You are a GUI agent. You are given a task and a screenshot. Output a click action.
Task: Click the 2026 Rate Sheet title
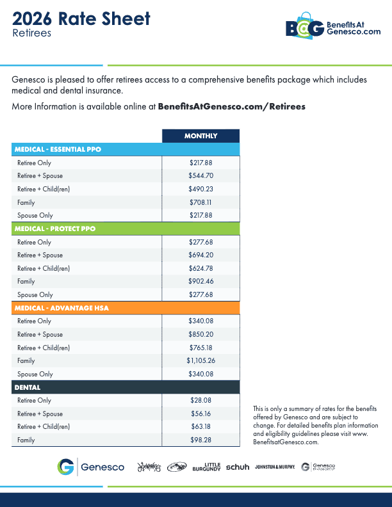point(81,19)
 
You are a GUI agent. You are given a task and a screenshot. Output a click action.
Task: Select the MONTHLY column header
point(200,136)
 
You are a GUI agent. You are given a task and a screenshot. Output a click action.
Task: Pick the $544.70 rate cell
point(200,175)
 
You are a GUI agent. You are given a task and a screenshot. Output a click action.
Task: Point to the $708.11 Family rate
point(200,202)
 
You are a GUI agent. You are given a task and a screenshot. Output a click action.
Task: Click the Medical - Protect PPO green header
point(54,229)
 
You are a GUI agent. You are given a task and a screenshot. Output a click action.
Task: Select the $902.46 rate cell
point(200,282)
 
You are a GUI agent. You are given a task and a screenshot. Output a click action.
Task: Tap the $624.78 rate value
point(200,268)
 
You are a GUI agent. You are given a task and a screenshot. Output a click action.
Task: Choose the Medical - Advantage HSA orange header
point(61,308)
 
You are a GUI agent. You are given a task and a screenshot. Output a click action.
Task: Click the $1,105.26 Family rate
point(200,360)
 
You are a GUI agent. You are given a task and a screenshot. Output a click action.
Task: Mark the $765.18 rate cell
point(200,348)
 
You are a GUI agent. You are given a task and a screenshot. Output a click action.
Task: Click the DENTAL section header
point(28,387)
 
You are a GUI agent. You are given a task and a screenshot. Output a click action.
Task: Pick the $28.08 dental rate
point(200,400)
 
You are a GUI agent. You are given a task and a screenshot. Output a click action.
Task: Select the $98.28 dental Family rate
point(200,440)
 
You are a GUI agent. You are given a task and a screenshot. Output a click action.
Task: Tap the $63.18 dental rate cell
point(200,426)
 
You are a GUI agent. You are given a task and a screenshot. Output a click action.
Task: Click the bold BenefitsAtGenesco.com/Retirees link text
point(231,106)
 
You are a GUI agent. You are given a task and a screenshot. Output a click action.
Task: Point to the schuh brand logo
point(238,467)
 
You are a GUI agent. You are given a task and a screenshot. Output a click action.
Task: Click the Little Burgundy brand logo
point(206,467)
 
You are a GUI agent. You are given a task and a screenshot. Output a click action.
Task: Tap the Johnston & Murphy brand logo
point(275,467)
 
